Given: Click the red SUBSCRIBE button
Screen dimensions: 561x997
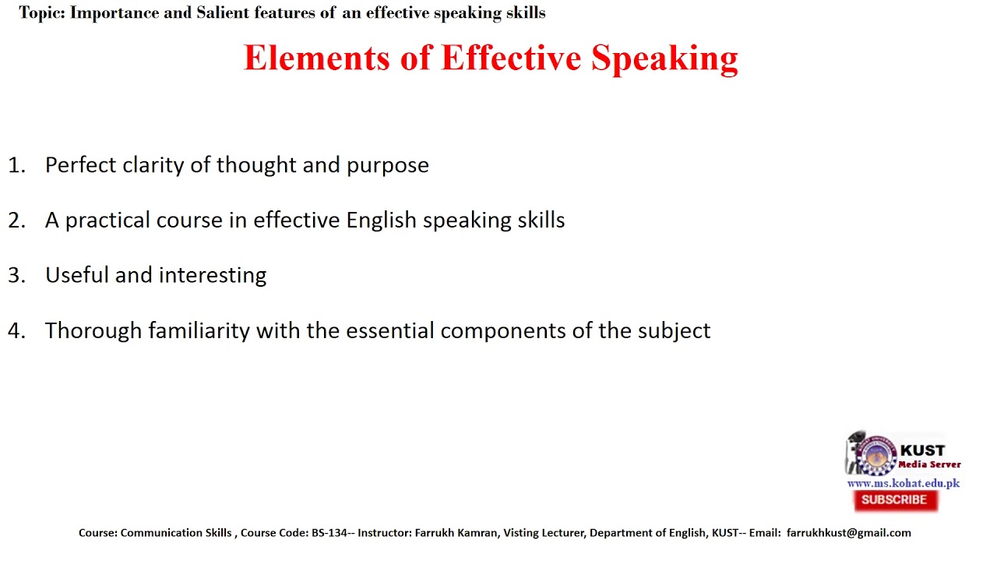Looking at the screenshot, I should [x=895, y=500].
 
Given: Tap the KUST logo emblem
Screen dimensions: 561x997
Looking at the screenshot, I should [x=876, y=455].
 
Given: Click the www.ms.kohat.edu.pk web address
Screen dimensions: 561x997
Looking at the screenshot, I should [x=903, y=483].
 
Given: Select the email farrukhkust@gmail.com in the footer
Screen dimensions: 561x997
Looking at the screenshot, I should [x=848, y=533].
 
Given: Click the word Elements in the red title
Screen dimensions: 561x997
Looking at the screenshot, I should [x=316, y=58].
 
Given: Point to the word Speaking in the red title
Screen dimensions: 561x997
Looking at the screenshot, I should [x=664, y=58].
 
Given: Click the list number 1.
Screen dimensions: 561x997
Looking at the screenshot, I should [x=16, y=165].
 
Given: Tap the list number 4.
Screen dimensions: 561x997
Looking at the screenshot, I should [x=16, y=331].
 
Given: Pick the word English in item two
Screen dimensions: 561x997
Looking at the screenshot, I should [x=382, y=221].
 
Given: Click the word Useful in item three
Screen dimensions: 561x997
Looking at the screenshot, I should [x=77, y=275].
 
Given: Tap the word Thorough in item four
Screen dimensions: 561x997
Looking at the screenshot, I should [x=93, y=331].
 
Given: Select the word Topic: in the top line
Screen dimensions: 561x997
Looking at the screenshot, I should [x=42, y=13].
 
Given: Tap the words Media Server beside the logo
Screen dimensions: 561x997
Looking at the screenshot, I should [x=930, y=464].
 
